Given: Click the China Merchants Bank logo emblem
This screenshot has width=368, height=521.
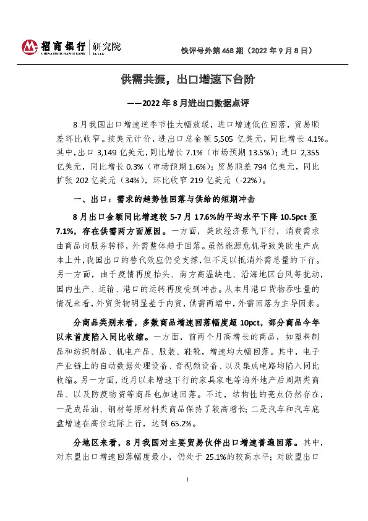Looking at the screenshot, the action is pyautogui.click(x=30, y=47).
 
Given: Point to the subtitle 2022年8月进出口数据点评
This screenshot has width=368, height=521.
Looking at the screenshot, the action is pyautogui.click(x=189, y=102).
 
